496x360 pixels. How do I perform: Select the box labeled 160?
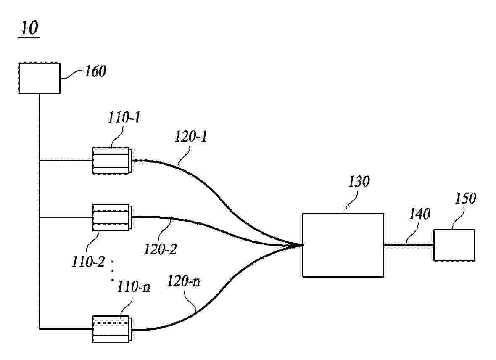pos(40,78)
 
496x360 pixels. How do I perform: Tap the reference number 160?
pos(95,71)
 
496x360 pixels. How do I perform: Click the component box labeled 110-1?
pos(112,161)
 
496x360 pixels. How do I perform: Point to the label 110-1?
pos(124,117)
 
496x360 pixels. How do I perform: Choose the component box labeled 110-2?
pos(112,217)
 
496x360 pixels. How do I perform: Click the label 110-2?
pos(87,262)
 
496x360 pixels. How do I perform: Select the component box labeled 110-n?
pos(112,329)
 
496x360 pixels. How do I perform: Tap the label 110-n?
pos(134,287)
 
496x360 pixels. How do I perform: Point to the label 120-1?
pos(191,137)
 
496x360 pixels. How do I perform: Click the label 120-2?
pos(160,249)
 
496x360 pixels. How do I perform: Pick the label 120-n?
pos(183,281)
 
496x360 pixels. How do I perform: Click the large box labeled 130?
pos(343,245)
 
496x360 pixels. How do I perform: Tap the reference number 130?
pos(359,182)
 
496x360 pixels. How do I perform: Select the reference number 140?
pos(420,214)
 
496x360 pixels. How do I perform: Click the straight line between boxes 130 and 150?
pos(409,245)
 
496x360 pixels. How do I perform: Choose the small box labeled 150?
pos(454,245)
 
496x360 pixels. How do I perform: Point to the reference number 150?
pos(465,199)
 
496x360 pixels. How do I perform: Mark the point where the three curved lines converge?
pos(302,245)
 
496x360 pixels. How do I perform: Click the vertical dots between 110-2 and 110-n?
pos(113,271)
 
